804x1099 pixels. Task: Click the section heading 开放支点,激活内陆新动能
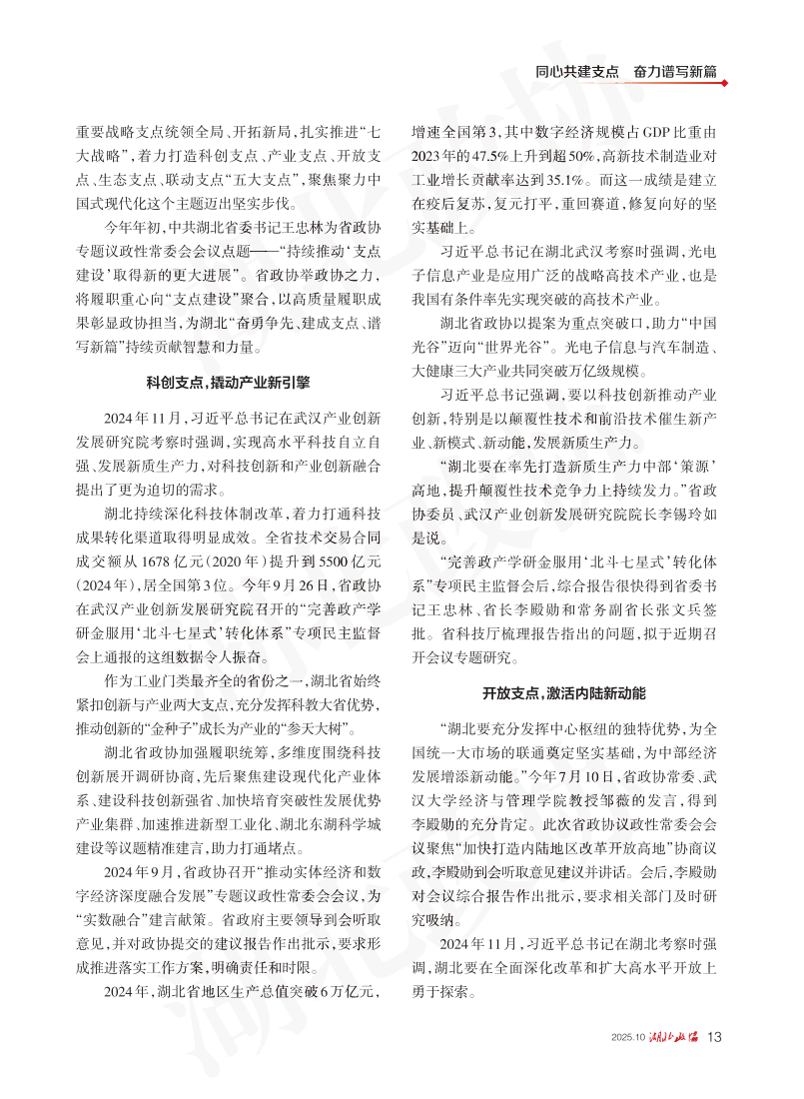[x=565, y=691]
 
